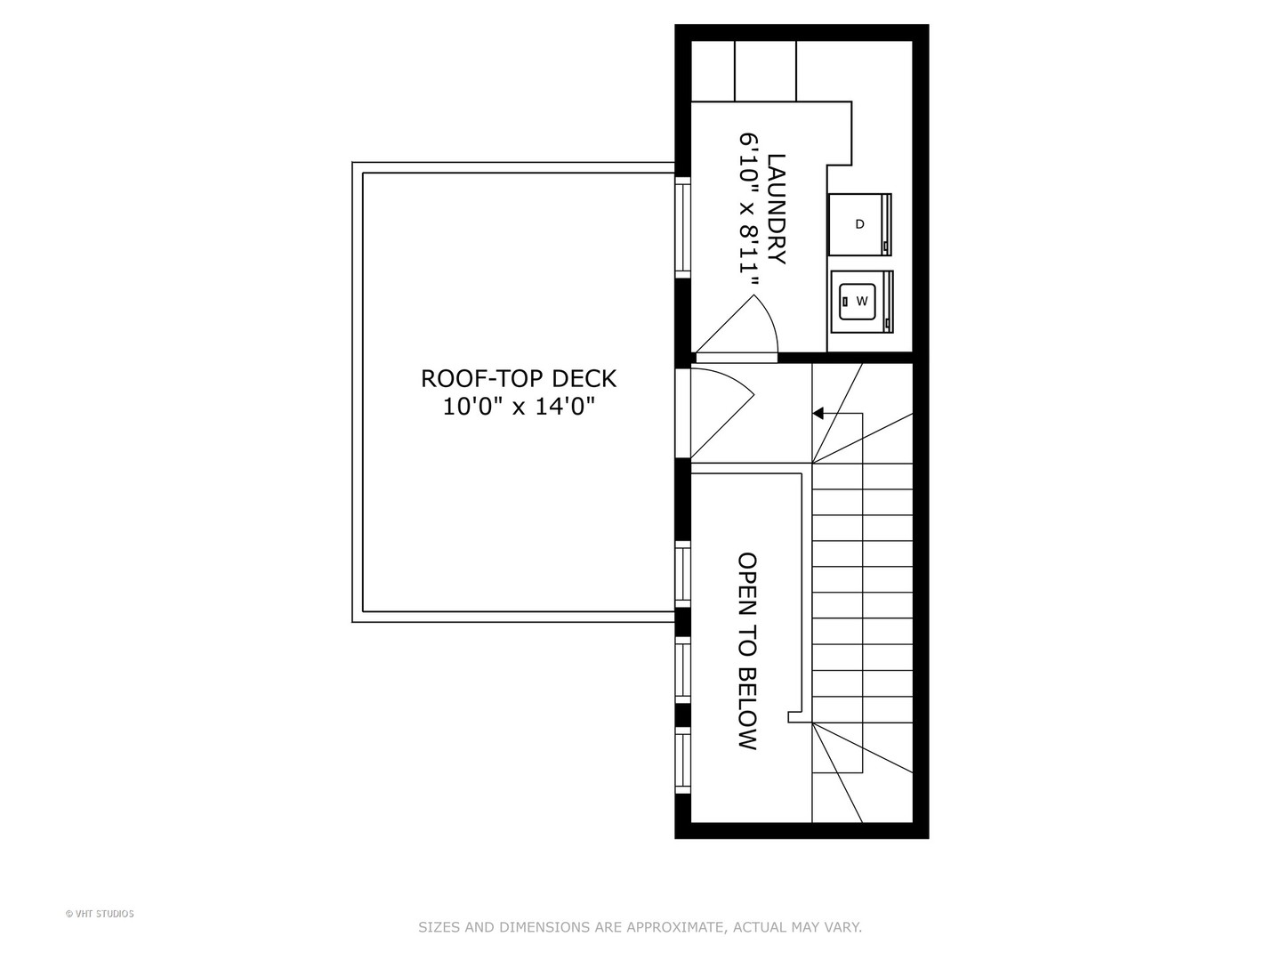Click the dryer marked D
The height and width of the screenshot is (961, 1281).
(x=859, y=224)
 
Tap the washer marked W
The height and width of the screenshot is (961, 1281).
(x=861, y=301)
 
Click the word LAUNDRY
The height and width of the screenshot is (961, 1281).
(x=777, y=209)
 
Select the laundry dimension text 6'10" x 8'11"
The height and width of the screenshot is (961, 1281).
(x=750, y=210)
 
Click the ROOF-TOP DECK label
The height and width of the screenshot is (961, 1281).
(x=518, y=378)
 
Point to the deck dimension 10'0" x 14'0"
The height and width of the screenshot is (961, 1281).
(x=518, y=407)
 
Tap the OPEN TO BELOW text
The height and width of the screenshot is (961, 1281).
(x=747, y=651)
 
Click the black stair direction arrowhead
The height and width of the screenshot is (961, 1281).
(x=818, y=413)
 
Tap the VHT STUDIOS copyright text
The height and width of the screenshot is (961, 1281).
(x=100, y=914)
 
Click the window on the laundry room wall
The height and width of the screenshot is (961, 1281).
(x=682, y=226)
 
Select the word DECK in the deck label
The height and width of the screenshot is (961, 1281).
(x=584, y=378)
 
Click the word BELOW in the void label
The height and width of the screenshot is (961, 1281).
(x=747, y=707)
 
